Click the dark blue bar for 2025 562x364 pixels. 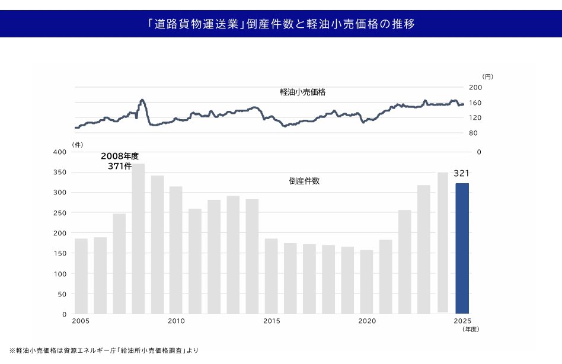462,248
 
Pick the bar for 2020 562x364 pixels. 367,282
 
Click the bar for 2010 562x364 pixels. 176,250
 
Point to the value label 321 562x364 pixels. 461,174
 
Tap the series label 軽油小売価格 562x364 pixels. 302,92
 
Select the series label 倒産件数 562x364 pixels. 304,181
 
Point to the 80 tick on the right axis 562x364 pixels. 473,133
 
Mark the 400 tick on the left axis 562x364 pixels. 59,152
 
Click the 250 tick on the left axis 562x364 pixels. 59,213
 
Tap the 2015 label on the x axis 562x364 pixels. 272,321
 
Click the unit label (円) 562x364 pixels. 487,76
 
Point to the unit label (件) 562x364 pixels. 78,144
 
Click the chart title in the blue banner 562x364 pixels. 281,24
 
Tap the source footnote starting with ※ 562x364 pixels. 104,350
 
